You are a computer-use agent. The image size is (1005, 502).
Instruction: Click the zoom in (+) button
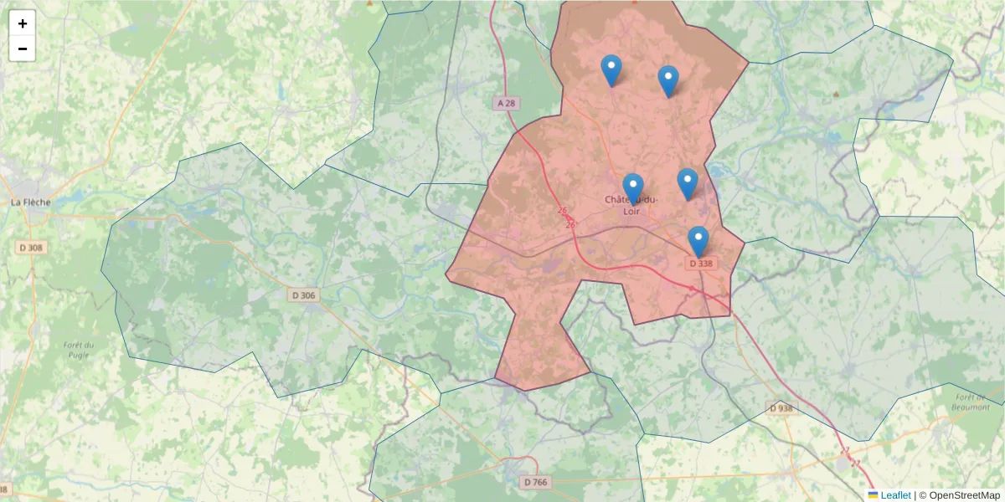pyautogui.click(x=23, y=23)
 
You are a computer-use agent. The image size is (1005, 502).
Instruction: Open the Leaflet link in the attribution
pyautogui.click(x=895, y=495)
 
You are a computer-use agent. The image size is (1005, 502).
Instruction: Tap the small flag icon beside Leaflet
pyautogui.click(x=873, y=495)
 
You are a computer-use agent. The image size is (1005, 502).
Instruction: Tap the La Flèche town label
pyautogui.click(x=30, y=202)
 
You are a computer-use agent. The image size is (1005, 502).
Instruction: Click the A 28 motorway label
pyautogui.click(x=506, y=103)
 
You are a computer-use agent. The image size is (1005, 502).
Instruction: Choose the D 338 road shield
pyautogui.click(x=700, y=264)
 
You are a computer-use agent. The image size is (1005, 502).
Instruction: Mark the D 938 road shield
pyautogui.click(x=781, y=408)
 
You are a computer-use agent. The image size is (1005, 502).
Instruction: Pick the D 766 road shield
pyautogui.click(x=534, y=482)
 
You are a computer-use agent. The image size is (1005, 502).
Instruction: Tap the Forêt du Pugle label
pyautogui.click(x=77, y=350)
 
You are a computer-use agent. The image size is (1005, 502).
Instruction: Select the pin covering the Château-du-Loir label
pyautogui.click(x=633, y=188)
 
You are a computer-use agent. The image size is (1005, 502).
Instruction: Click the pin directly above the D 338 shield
pyautogui.click(x=698, y=241)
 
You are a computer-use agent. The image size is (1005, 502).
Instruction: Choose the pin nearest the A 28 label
pyautogui.click(x=611, y=70)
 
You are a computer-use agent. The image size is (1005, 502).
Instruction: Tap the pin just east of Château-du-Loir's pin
pyautogui.click(x=688, y=183)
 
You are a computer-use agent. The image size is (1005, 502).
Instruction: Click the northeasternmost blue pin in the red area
pyautogui.click(x=667, y=81)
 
